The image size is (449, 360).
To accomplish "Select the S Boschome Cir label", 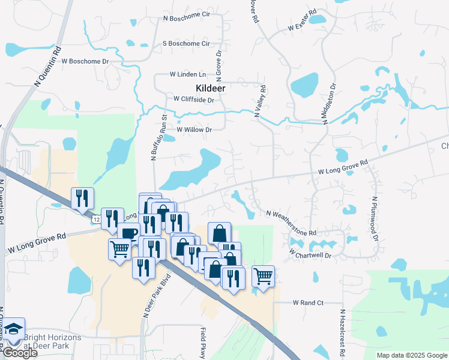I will click(187, 44).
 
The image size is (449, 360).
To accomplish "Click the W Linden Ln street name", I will click(187, 74).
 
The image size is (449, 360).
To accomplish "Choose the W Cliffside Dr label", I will click(193, 99).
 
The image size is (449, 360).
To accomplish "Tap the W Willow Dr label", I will click(194, 130).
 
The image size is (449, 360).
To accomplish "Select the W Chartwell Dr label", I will click(310, 254).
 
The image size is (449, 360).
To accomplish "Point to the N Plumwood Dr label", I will click(375, 218).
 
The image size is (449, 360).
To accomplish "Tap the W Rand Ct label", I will click(308, 303).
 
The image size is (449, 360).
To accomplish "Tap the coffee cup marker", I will click(128, 233).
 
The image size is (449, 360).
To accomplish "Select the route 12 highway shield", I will click(96, 220).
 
